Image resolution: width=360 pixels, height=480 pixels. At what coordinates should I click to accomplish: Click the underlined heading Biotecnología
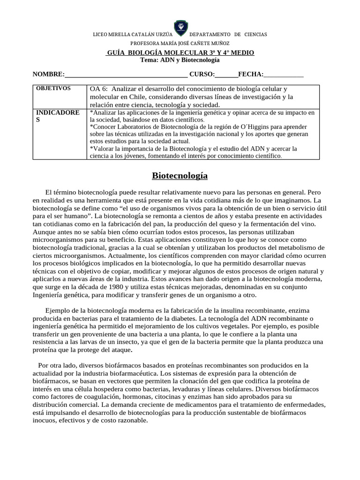[180, 176]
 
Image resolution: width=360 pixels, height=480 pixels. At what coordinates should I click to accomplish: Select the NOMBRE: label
[48, 74]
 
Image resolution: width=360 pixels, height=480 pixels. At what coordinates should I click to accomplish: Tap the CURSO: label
[202, 74]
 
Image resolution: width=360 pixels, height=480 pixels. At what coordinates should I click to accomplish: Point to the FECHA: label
[251, 74]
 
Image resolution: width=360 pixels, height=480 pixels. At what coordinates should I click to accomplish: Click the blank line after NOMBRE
[127, 75]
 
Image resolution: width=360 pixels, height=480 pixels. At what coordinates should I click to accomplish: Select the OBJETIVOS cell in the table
[53, 88]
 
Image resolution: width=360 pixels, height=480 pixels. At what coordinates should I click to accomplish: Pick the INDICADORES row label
[57, 116]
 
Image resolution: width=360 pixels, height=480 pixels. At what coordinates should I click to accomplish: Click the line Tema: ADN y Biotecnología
[180, 60]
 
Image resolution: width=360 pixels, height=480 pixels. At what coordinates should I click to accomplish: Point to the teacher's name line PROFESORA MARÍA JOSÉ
[180, 43]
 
